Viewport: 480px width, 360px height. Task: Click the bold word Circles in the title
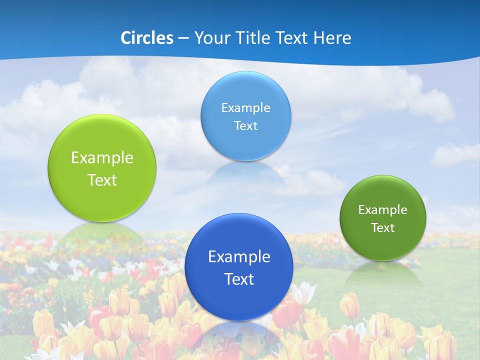click(146, 38)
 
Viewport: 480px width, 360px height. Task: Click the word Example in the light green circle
click(102, 158)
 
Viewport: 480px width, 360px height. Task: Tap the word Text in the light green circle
click(102, 180)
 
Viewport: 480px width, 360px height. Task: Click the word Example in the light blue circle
click(245, 108)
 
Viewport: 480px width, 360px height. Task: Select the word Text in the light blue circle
click(245, 126)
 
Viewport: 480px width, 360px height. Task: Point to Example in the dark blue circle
click(239, 257)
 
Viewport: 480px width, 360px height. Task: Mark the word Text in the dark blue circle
click(239, 279)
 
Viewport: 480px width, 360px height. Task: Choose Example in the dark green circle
click(383, 210)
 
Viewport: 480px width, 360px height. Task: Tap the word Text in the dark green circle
click(383, 228)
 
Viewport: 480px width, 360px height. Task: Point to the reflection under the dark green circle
click(383, 273)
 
